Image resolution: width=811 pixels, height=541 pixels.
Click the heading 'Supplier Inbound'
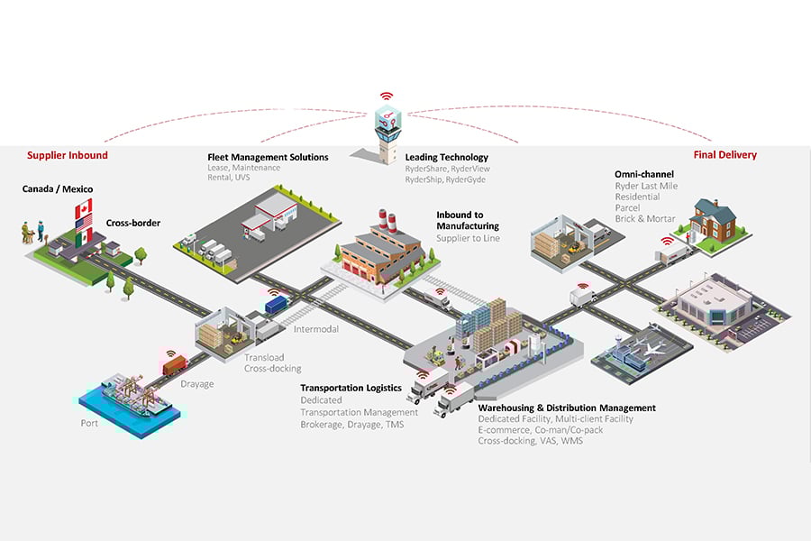68,155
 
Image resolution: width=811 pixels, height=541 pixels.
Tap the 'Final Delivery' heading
724,155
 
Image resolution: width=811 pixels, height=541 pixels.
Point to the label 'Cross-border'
134,223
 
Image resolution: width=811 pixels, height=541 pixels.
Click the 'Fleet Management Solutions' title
268,157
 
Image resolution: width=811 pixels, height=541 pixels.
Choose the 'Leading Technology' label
447,157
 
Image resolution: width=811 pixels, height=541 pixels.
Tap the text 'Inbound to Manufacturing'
468,221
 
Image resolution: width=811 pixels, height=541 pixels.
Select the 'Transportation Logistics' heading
351,388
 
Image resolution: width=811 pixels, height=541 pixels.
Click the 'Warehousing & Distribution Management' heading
567,408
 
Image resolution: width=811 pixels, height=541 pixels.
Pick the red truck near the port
174,363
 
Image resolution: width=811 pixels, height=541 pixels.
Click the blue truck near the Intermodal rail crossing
276,304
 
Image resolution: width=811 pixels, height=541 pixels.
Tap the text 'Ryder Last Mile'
646,186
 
